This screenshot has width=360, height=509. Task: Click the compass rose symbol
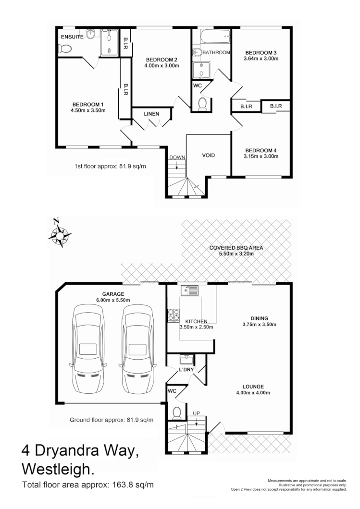(59, 234)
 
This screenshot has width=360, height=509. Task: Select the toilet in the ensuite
(63, 48)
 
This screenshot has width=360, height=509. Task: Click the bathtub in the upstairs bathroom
(211, 36)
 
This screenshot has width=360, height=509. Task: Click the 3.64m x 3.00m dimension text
(261, 59)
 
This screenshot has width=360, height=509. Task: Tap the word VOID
(208, 156)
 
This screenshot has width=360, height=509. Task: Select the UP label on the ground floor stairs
(197, 413)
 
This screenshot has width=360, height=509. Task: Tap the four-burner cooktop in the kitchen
(173, 315)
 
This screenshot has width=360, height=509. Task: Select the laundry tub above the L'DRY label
(185, 359)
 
